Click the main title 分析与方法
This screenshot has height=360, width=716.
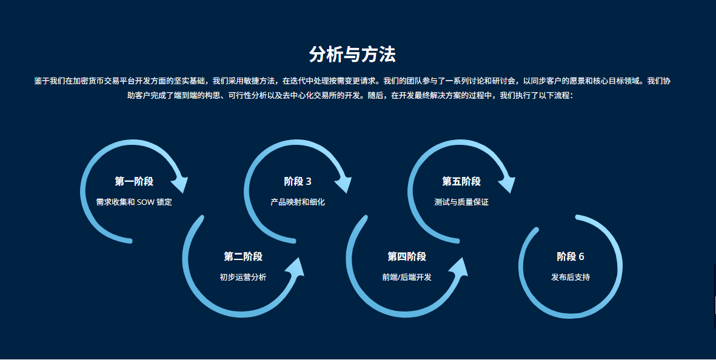tap(352, 55)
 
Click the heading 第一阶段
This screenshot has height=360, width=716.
tap(134, 181)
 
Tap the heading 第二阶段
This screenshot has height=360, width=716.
tap(243, 256)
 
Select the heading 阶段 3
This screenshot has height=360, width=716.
tap(298, 181)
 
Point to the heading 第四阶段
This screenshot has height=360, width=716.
tap(407, 256)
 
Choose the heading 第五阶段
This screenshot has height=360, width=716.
tap(461, 181)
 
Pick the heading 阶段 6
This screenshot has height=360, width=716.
tap(570, 256)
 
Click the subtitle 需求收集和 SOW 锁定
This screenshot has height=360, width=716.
tap(134, 202)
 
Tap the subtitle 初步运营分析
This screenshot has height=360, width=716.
tap(243, 277)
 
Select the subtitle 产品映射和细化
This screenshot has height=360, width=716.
tap(298, 202)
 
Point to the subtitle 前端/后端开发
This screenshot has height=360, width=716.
tap(407, 277)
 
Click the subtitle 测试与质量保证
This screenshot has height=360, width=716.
tap(461, 202)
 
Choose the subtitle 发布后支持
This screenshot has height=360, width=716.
tap(570, 277)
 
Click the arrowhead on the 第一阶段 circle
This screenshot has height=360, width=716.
tap(181, 182)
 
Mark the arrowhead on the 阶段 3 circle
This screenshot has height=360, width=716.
tap(344, 182)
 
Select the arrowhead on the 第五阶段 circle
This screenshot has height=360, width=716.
tap(507, 182)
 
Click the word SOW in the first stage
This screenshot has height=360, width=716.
tap(146, 202)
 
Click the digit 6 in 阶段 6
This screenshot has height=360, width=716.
tap(581, 256)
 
